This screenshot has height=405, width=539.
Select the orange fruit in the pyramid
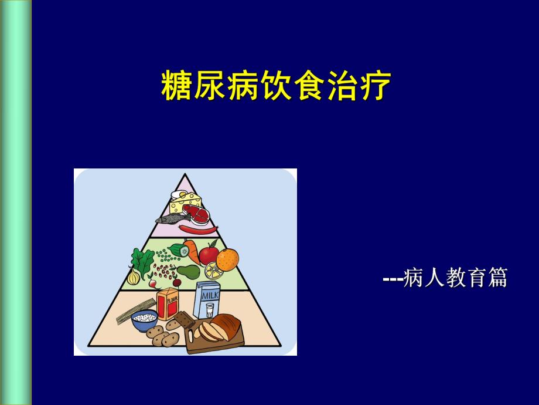coord(227,258)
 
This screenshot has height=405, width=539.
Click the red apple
coord(208,254)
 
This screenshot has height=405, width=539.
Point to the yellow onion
coord(134,275)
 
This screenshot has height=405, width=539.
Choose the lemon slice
coord(212,271)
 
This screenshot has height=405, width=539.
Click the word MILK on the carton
coord(209,297)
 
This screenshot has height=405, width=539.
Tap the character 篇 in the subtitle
coord(496,278)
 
